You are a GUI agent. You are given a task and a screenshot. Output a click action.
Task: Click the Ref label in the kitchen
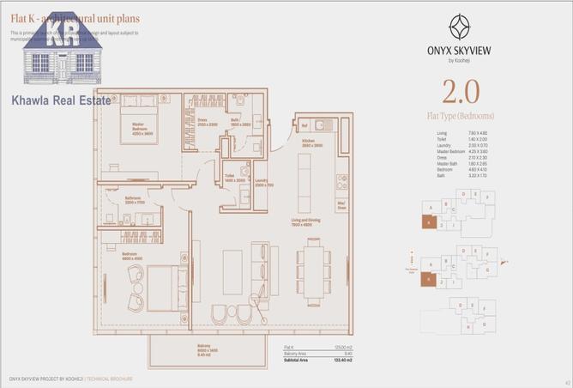click(304, 126)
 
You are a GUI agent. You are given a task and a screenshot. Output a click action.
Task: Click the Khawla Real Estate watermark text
click(60, 100)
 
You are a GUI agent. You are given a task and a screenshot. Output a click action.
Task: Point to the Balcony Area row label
click(298, 353)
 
